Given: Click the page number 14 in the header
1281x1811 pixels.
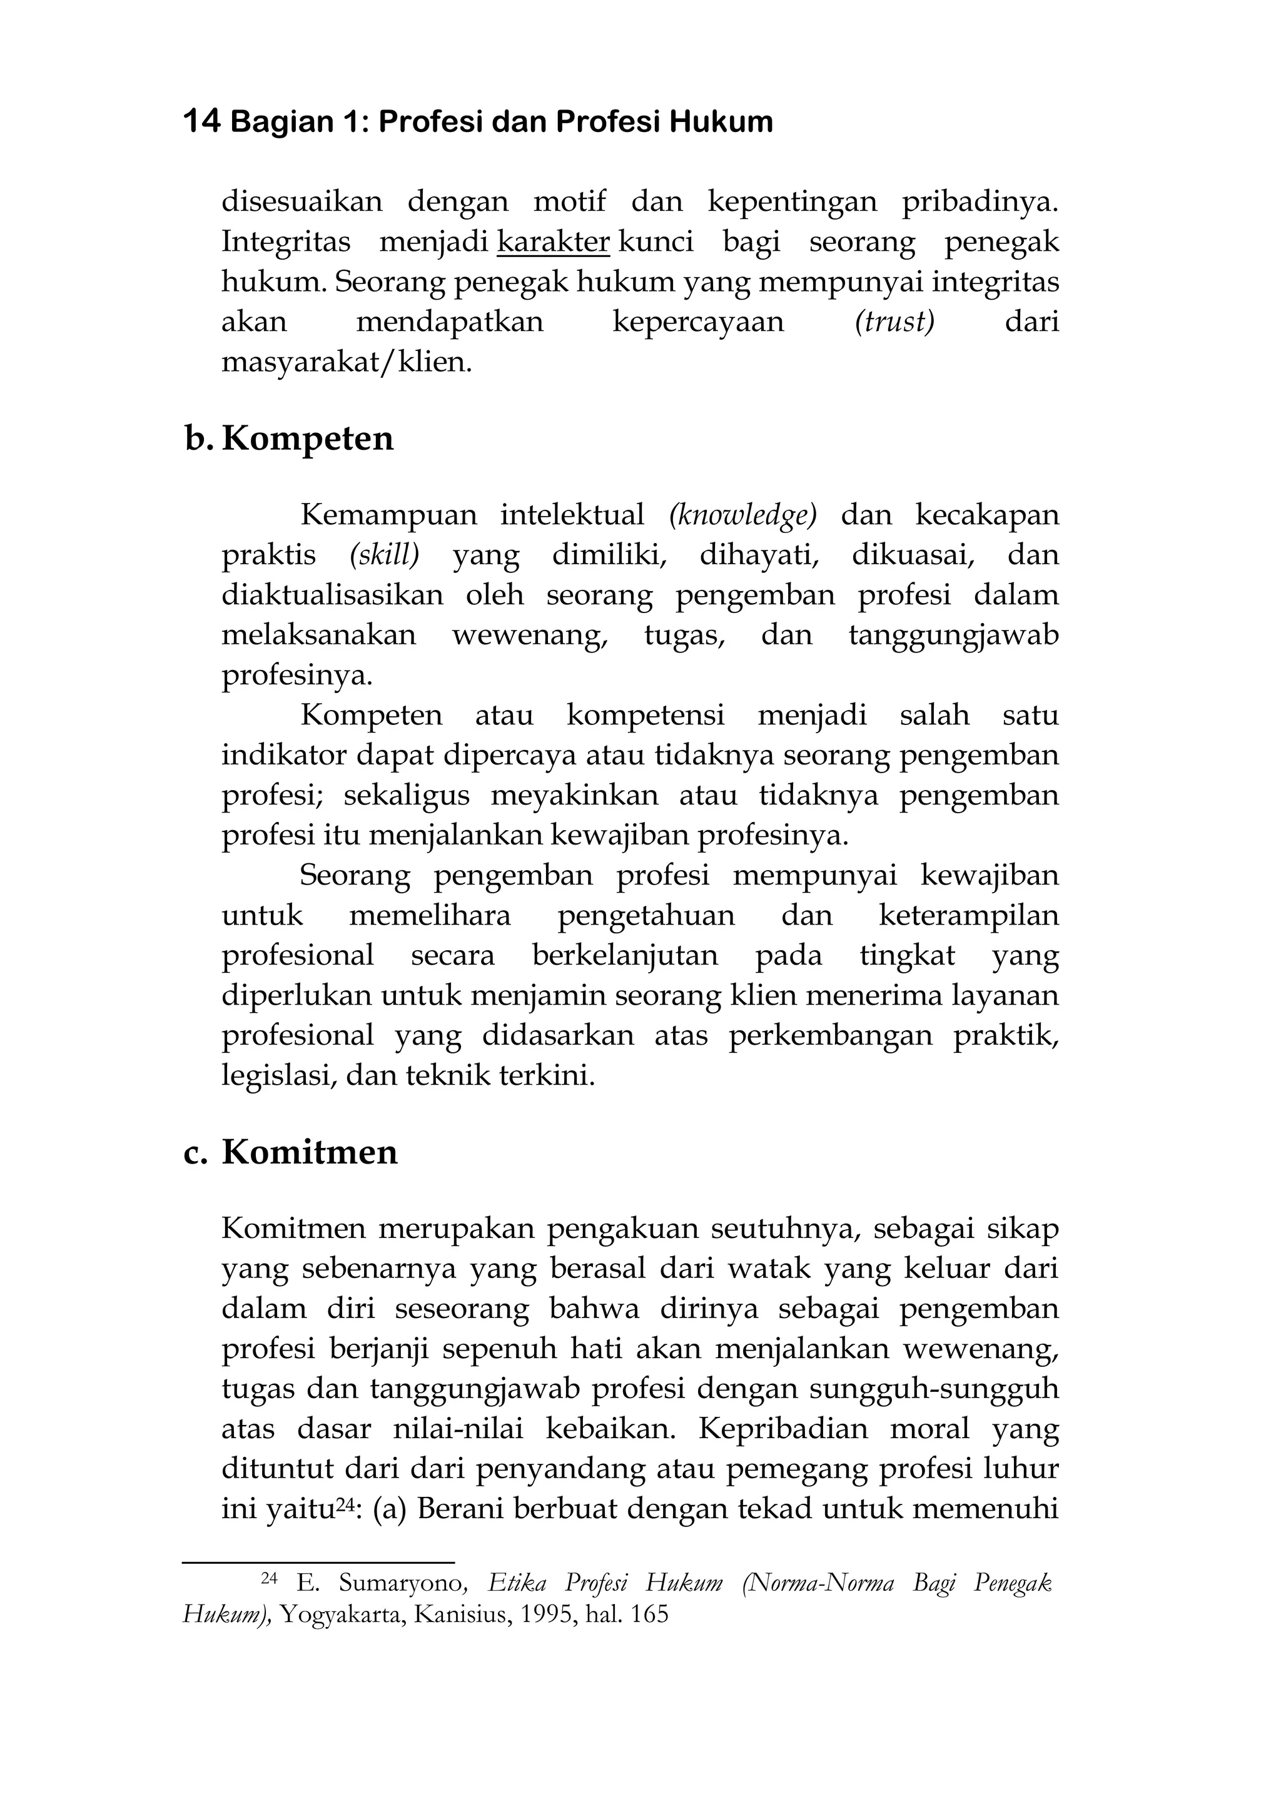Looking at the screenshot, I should [201, 122].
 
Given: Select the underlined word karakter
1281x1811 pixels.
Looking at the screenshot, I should [553, 241].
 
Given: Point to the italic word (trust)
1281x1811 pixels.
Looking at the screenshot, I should [894, 322].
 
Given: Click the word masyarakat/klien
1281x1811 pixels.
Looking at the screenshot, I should [347, 362].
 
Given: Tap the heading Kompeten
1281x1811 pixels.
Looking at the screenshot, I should [307, 439].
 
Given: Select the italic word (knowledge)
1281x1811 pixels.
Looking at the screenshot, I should [742, 515].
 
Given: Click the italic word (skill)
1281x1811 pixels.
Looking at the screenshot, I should [384, 555].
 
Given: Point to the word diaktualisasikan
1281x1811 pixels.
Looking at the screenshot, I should [332, 595].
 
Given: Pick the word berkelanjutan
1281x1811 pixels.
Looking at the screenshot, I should [625, 956].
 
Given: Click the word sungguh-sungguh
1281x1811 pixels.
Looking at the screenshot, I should [934, 1389].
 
